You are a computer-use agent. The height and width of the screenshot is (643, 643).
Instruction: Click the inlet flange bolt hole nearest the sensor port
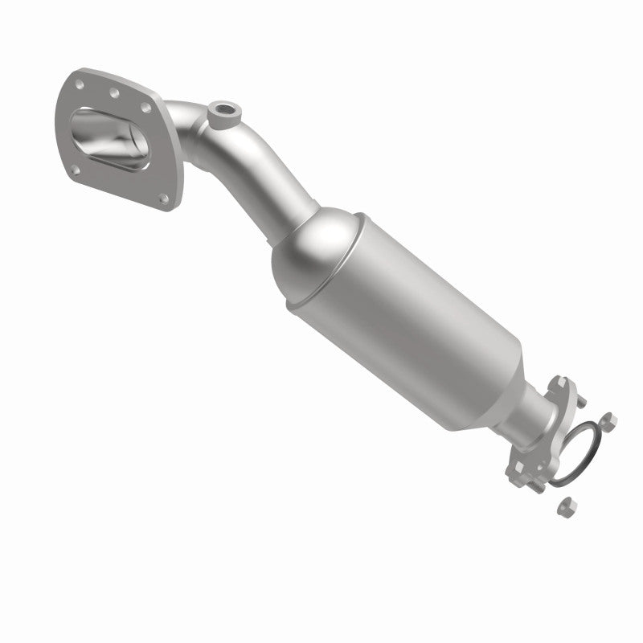coord(145,105)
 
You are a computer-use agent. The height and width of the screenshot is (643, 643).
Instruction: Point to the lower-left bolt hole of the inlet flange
coord(75,170)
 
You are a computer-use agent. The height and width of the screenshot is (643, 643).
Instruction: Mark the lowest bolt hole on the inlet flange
coord(164,198)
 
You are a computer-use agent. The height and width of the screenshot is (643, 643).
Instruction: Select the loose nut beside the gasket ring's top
coord(608,418)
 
